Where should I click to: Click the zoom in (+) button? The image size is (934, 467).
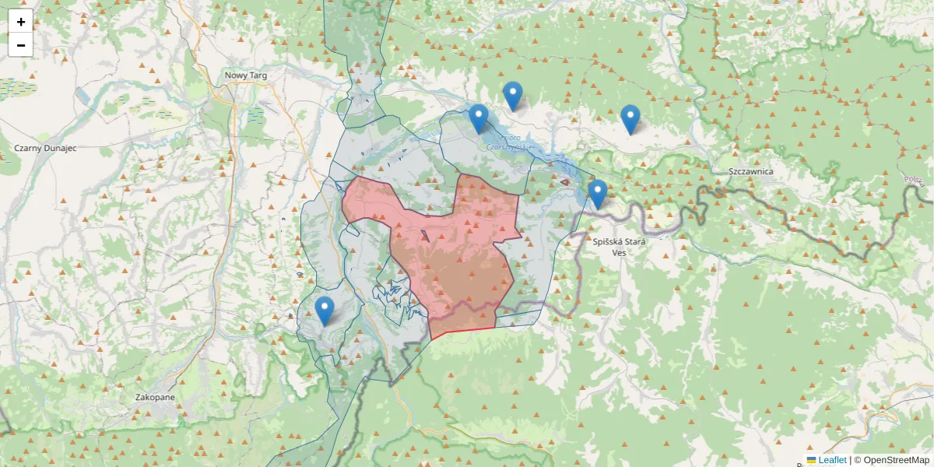pyautogui.click(x=21, y=22)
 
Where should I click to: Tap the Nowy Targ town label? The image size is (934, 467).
pyautogui.click(x=246, y=75)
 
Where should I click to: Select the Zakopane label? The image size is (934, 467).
pyautogui.click(x=155, y=397)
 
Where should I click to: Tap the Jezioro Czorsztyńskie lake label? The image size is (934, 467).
pyautogui.click(x=509, y=142)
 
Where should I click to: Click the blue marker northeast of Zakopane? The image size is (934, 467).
pyautogui.click(x=325, y=311)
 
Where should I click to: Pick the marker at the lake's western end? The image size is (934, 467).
pyautogui.click(x=479, y=119)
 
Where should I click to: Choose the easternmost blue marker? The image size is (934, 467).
pyautogui.click(x=630, y=119)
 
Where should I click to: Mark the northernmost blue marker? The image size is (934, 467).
pyautogui.click(x=512, y=96)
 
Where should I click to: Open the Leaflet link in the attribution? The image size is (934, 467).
pyautogui.click(x=832, y=460)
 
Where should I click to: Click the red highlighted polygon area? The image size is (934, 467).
pyautogui.click(x=459, y=257)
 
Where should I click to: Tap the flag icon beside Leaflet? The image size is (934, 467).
pyautogui.click(x=812, y=460)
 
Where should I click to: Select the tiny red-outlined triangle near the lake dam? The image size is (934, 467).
pyautogui.click(x=564, y=181)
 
